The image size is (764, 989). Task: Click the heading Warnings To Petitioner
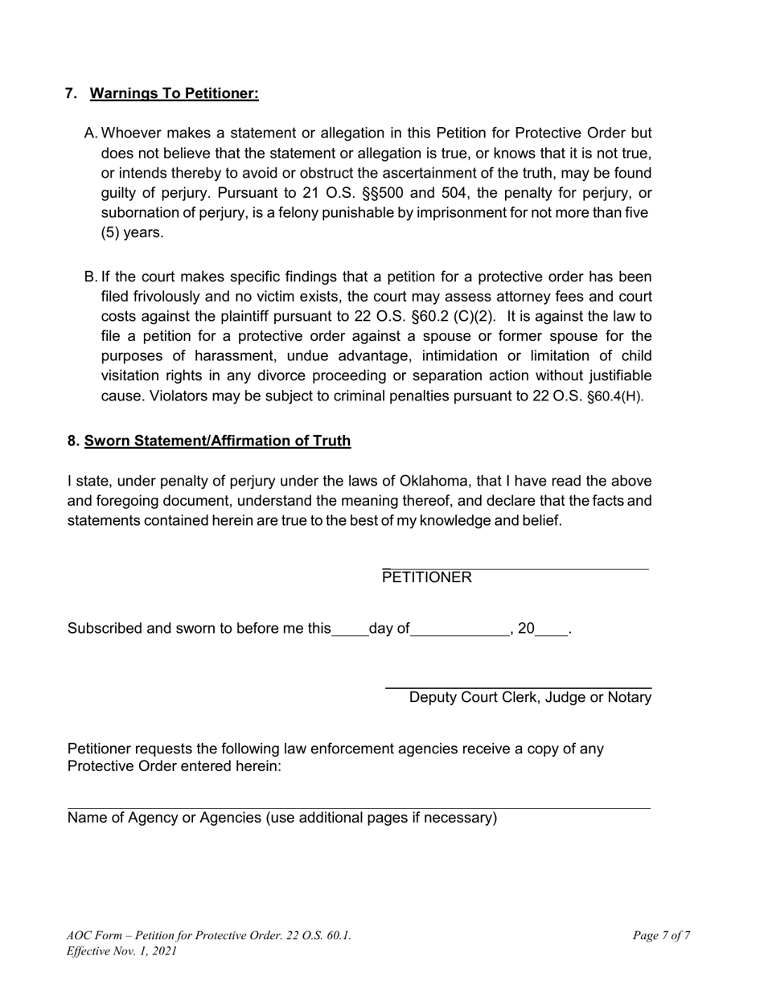click(174, 94)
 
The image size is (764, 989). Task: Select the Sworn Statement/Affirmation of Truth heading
click(217, 441)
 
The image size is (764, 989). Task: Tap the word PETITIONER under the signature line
click(427, 577)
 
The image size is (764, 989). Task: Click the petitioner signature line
click(515, 568)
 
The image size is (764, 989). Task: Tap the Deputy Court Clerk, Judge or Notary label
click(530, 698)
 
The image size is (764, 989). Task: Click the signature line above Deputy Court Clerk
click(518, 687)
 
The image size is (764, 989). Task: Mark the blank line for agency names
click(359, 807)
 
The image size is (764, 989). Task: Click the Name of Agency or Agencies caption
click(282, 819)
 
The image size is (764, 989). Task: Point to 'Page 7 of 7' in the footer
click(661, 935)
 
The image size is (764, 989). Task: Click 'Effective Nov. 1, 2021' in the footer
click(121, 951)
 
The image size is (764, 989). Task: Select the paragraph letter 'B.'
click(90, 277)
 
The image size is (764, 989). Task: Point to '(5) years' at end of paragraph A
click(132, 233)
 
